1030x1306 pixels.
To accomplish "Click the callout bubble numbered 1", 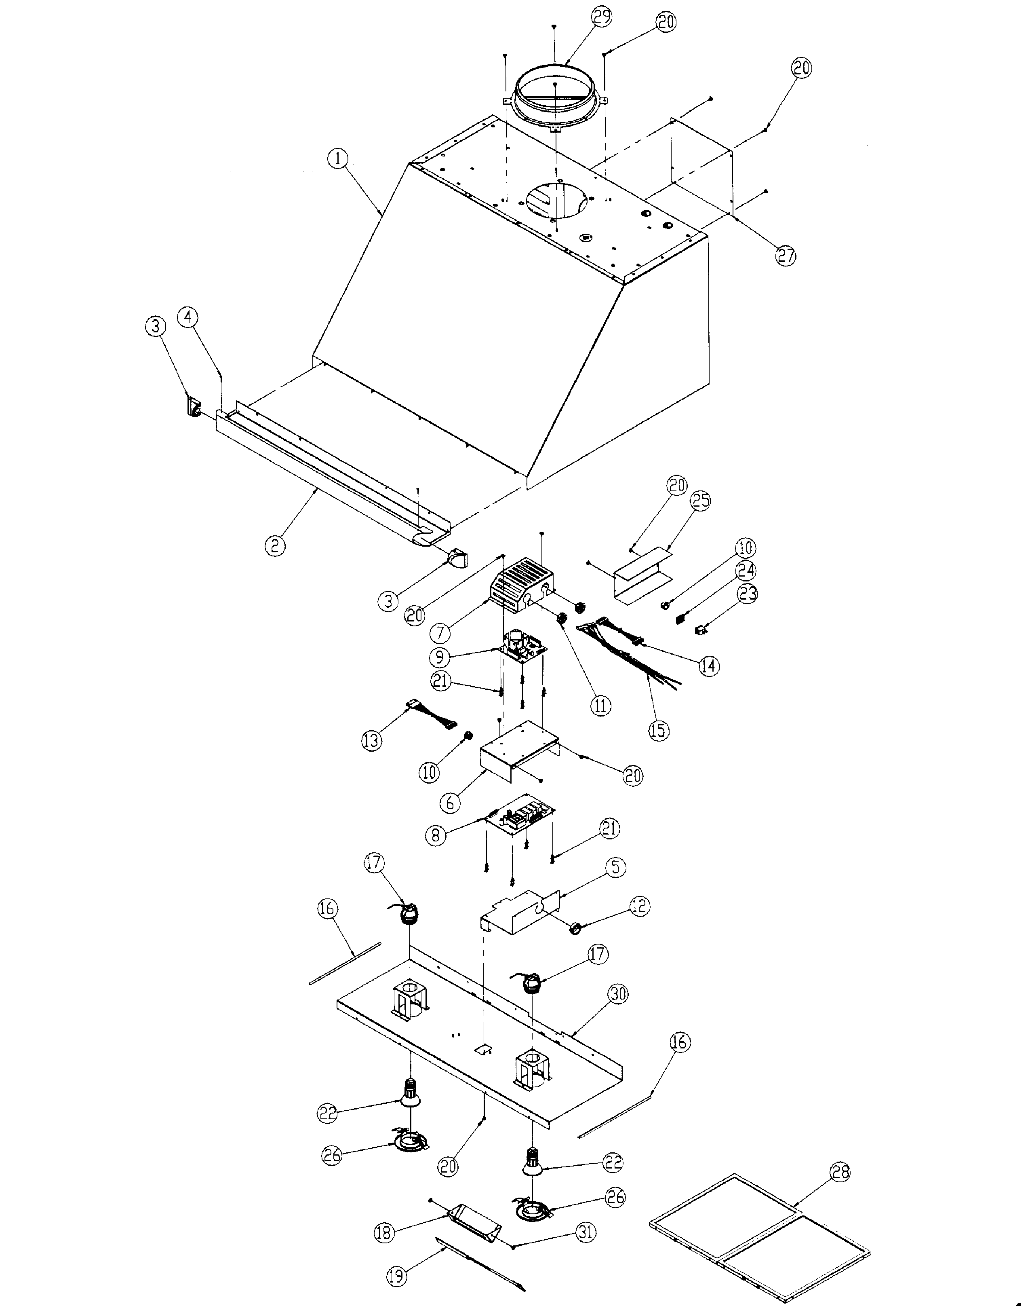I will [x=338, y=159].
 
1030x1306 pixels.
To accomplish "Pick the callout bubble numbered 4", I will [x=189, y=317].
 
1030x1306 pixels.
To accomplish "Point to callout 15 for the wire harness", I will [x=659, y=730].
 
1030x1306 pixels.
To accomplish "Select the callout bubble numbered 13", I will [x=372, y=740].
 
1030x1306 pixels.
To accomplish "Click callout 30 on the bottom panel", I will [x=617, y=994].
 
